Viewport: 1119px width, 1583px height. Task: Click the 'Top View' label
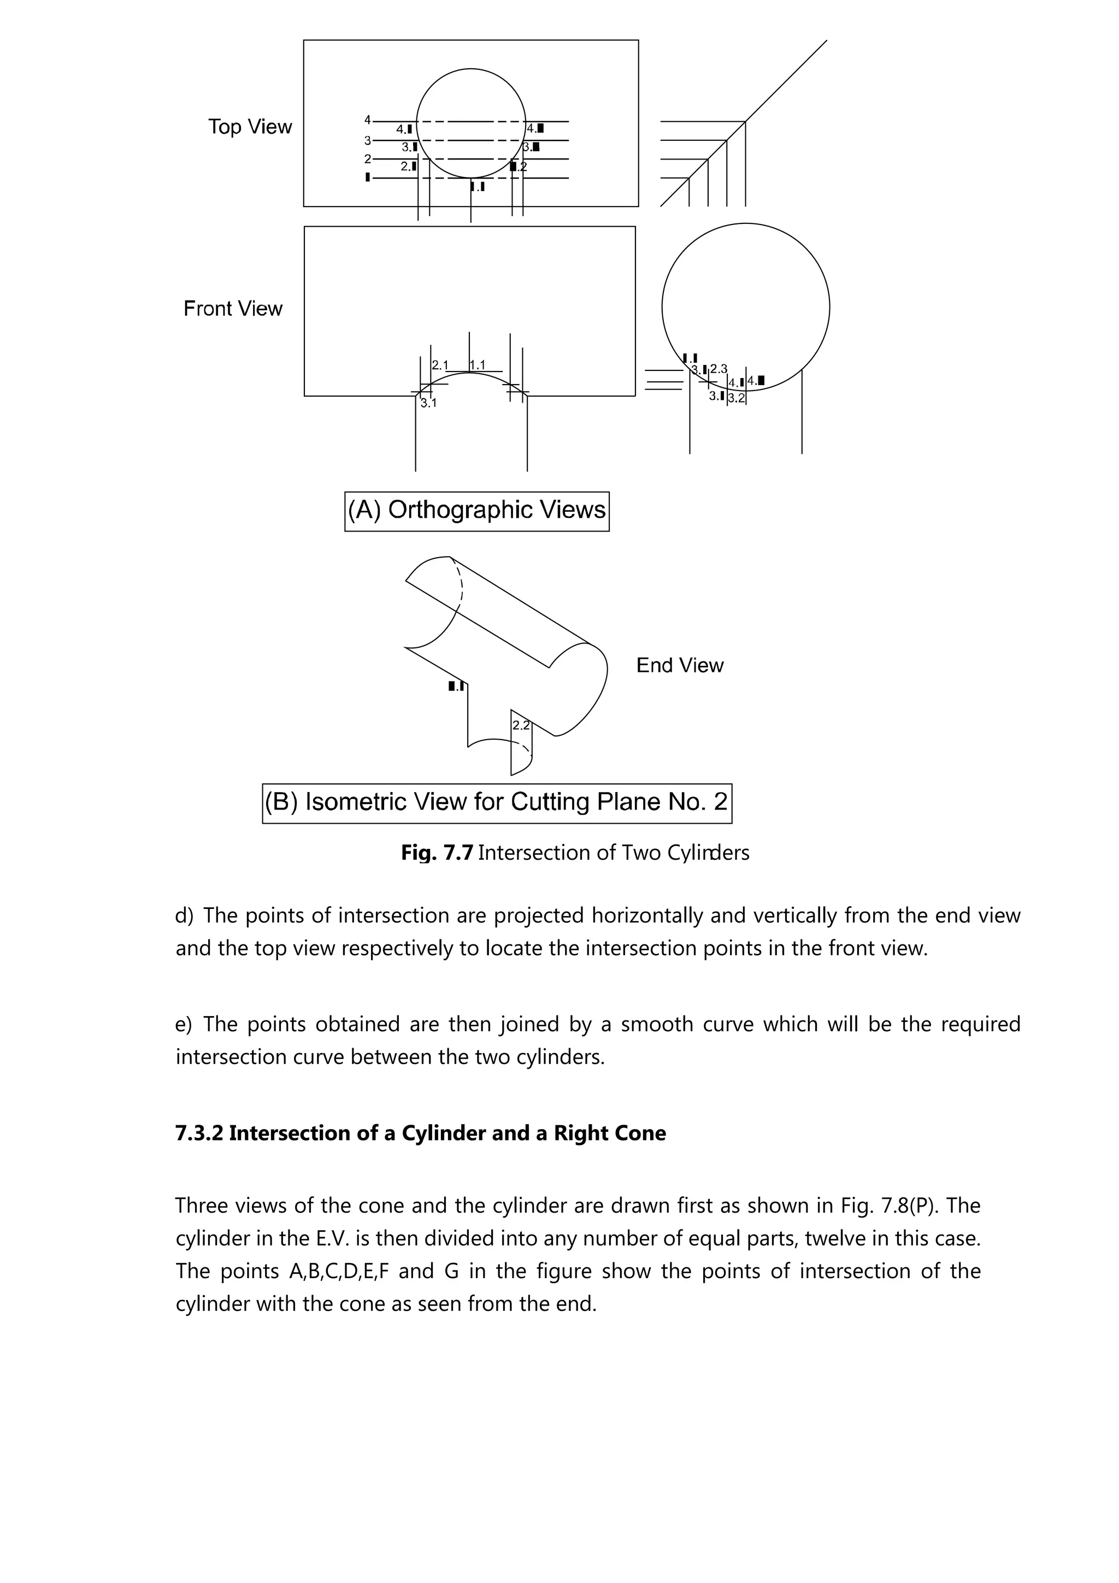(x=250, y=127)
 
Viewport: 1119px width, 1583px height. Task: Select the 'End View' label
(x=679, y=665)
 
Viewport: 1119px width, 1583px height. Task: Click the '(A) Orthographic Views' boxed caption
(x=476, y=510)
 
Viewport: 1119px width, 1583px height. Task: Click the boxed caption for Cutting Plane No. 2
(x=497, y=802)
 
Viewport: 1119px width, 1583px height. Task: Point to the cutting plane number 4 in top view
(x=368, y=120)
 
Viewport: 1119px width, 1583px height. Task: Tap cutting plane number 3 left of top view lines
(x=368, y=140)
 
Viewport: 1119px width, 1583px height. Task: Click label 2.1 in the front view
(x=440, y=365)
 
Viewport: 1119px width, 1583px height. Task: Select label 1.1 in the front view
(x=477, y=365)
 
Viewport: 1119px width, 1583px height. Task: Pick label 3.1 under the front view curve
(x=429, y=403)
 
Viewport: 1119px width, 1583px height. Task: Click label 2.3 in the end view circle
(x=718, y=370)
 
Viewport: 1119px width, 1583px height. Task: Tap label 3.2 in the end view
(x=737, y=399)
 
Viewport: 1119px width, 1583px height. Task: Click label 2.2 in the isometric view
(x=521, y=725)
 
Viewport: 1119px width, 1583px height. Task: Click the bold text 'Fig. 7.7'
(x=437, y=853)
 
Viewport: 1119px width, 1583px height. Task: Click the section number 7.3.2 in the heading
(x=199, y=1133)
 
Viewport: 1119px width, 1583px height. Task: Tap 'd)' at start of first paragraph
(x=184, y=915)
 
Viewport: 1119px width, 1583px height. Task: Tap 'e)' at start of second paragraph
(x=184, y=1025)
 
